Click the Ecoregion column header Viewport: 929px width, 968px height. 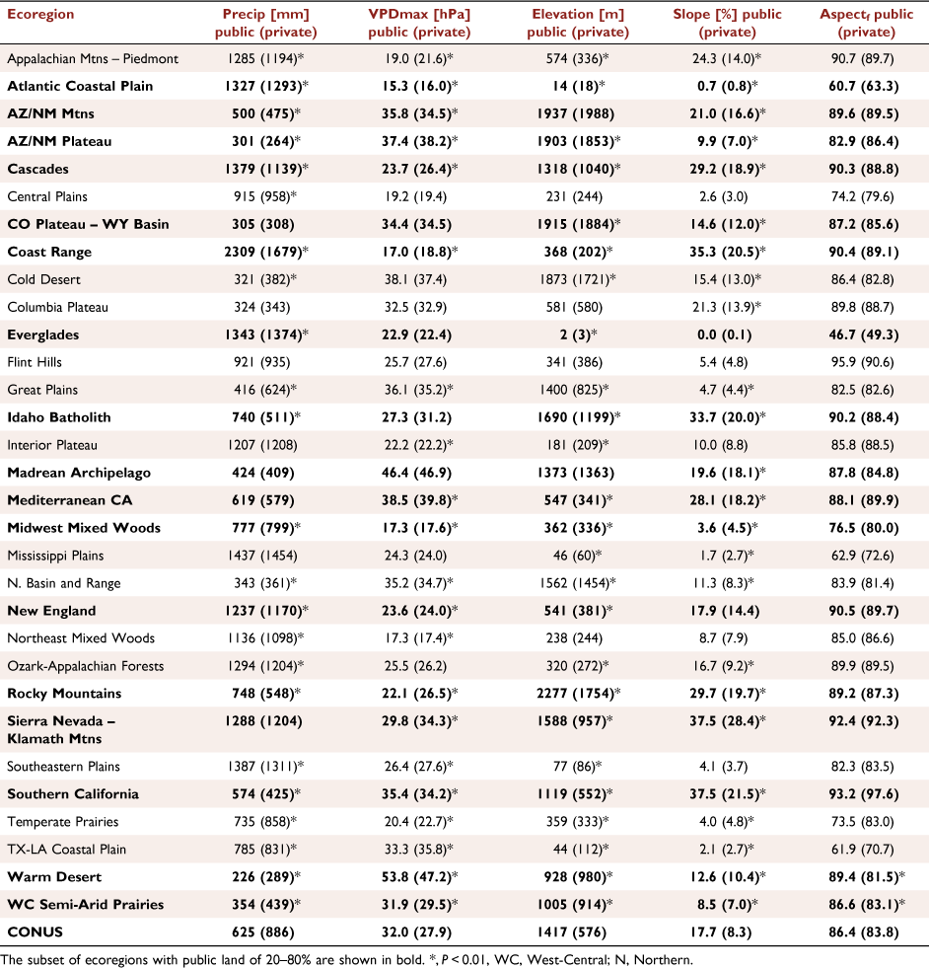coord(40,14)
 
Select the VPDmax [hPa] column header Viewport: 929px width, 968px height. coord(419,23)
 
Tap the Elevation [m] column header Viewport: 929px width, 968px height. coord(578,23)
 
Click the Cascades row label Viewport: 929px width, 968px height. coord(38,169)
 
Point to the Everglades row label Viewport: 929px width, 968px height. coord(43,335)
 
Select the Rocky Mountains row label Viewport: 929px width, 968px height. coord(64,694)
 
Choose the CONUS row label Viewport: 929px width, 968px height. coord(36,932)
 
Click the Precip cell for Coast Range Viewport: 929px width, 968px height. coord(266,252)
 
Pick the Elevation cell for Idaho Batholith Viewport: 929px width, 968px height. coord(579,417)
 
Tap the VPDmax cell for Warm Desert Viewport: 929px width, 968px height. coord(419,877)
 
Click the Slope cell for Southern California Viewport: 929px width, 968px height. coord(728,794)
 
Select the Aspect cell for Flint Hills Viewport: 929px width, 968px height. coord(862,362)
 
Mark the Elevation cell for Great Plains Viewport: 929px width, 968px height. coord(578,390)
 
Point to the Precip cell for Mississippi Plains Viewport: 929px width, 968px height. coord(262,556)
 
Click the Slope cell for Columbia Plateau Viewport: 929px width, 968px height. coord(727,308)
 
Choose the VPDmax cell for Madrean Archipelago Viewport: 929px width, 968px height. coord(416,473)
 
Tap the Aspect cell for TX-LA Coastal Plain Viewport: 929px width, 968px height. coord(862,850)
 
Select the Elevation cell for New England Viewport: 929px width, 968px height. coord(579,611)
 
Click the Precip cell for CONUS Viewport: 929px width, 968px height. coord(263,932)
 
